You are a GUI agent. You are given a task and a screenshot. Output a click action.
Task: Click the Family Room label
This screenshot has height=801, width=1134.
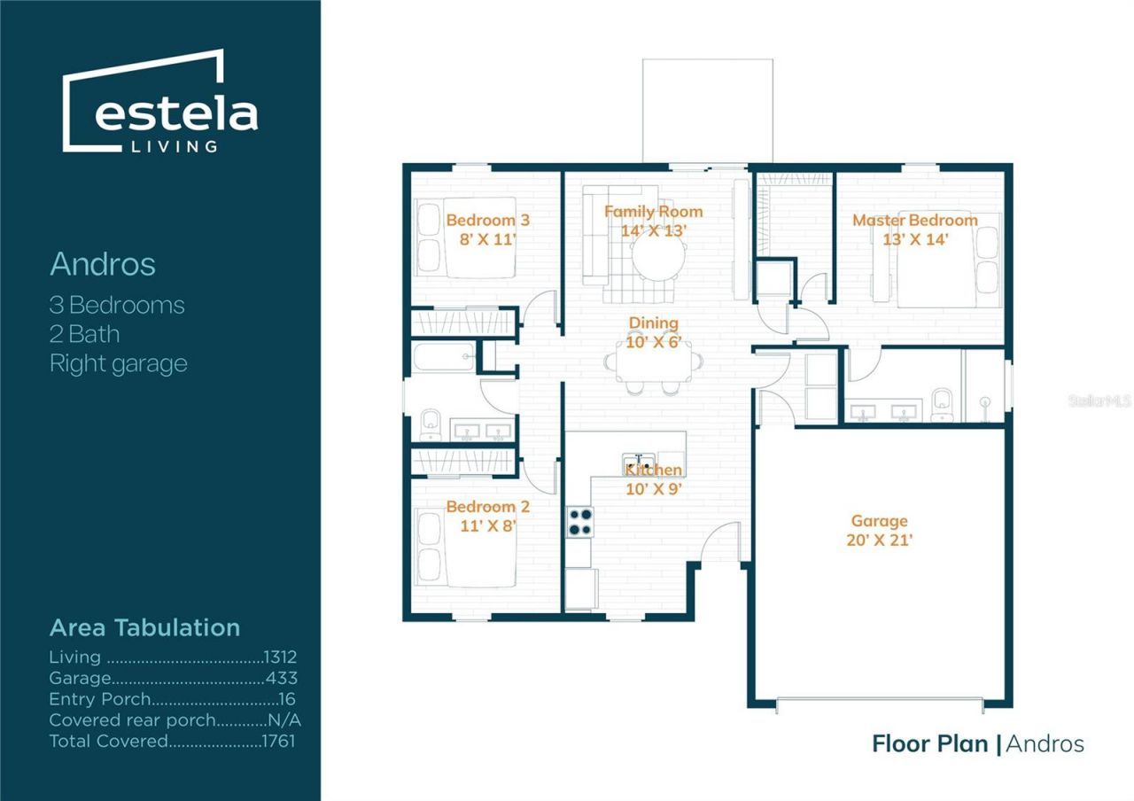point(654,212)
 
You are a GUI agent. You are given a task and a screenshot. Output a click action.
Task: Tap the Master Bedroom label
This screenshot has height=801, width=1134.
point(915,221)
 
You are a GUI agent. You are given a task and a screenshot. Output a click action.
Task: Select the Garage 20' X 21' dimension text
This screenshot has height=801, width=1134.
point(880,540)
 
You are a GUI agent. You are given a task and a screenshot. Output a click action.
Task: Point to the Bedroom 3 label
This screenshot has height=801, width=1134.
point(488,221)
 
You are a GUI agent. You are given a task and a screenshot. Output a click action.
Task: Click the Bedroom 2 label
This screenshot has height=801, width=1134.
point(488,506)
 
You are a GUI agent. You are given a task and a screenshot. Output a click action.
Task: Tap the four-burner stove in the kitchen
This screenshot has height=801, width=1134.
point(580,522)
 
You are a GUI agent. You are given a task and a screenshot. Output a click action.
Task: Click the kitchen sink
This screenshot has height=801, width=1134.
point(639,464)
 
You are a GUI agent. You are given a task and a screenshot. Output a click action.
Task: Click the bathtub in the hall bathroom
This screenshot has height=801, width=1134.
point(445,356)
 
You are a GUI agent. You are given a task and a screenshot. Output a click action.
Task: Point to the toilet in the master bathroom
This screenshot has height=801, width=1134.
point(942,405)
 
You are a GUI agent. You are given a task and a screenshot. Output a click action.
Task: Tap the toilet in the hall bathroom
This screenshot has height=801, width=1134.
point(431,424)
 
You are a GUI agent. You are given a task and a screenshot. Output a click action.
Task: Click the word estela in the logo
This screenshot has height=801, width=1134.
point(176,115)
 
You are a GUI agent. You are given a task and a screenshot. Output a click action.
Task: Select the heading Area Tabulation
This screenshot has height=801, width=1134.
point(144,628)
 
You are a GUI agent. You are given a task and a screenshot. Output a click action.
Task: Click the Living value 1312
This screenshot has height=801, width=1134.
point(280,657)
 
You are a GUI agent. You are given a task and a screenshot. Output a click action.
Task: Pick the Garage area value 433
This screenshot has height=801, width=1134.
point(282,678)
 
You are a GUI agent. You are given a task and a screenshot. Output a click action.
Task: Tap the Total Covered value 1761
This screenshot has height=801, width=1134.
point(278,742)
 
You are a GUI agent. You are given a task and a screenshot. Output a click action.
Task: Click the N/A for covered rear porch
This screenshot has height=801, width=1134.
point(284,720)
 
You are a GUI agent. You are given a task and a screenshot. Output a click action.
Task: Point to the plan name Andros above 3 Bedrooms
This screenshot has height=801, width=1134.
point(103,264)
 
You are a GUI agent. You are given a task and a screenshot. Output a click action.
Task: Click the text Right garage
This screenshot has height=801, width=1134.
point(119,364)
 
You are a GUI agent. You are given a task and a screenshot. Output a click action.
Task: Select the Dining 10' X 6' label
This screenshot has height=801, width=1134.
point(654,332)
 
